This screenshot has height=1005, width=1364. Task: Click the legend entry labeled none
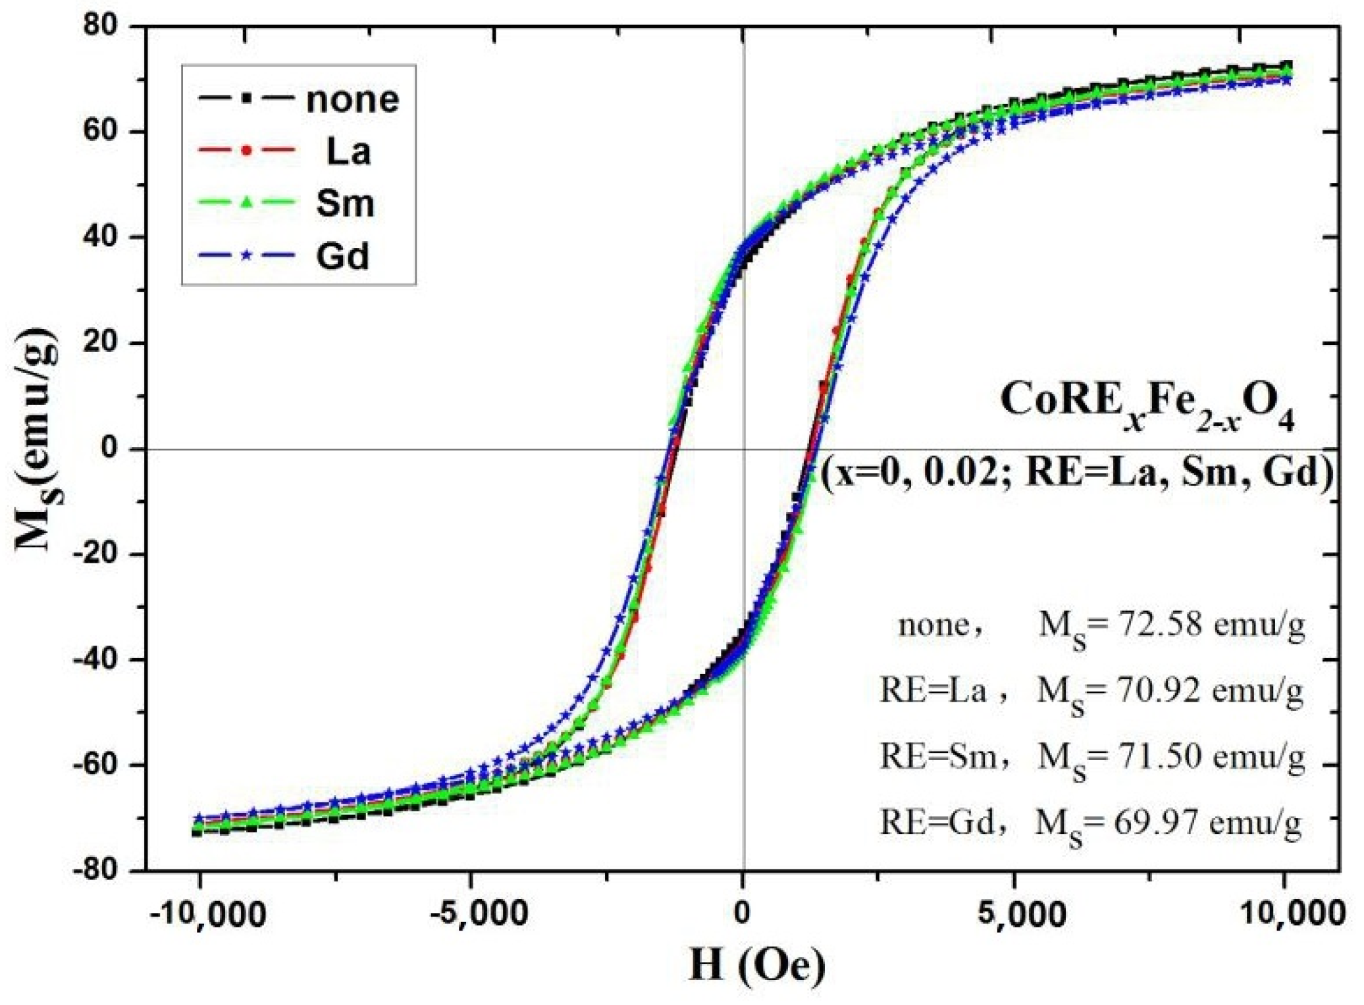click(352, 100)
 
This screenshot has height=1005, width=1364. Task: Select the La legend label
click(348, 152)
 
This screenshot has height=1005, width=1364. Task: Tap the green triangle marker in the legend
click(246, 202)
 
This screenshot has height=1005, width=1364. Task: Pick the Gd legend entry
click(342, 257)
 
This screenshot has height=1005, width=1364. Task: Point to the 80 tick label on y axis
click(100, 26)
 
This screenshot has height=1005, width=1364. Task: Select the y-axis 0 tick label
click(109, 448)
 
